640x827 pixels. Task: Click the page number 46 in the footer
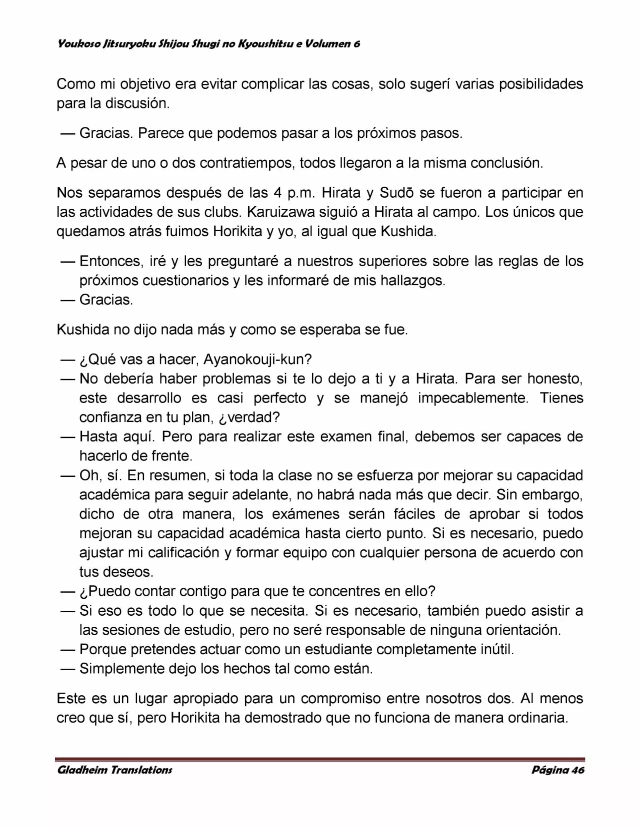577,770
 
